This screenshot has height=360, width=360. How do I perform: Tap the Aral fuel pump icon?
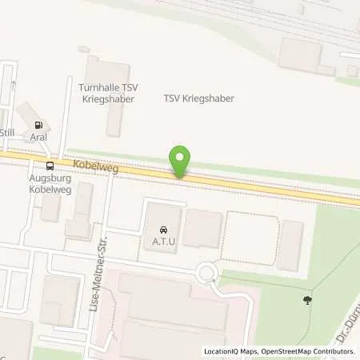[38, 125]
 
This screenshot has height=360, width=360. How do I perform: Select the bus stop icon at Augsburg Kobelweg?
[50, 166]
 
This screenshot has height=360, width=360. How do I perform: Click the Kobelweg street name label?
[89, 165]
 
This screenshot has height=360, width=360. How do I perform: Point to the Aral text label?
[38, 138]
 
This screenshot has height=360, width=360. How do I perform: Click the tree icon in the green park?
[306, 301]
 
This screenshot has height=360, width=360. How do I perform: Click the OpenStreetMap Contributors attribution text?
[311, 351]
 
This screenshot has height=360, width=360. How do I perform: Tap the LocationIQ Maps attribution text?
[233, 351]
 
